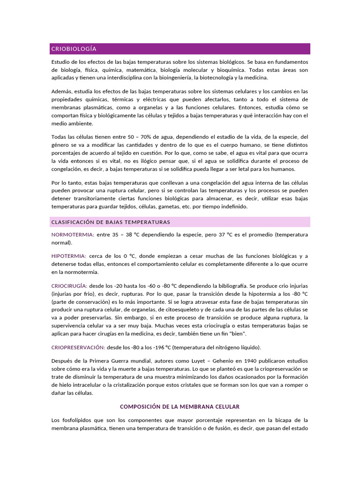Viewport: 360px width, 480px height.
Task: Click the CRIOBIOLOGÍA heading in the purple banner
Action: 74,49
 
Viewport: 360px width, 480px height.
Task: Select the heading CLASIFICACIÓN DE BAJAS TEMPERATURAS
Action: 111,222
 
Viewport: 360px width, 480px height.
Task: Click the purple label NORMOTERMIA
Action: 73,234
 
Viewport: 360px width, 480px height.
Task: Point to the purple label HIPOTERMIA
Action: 68,255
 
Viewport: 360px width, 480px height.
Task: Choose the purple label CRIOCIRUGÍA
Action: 69,285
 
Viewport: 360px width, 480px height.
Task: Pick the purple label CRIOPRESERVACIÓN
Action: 78,347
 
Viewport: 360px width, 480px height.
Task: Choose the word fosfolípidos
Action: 75,420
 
